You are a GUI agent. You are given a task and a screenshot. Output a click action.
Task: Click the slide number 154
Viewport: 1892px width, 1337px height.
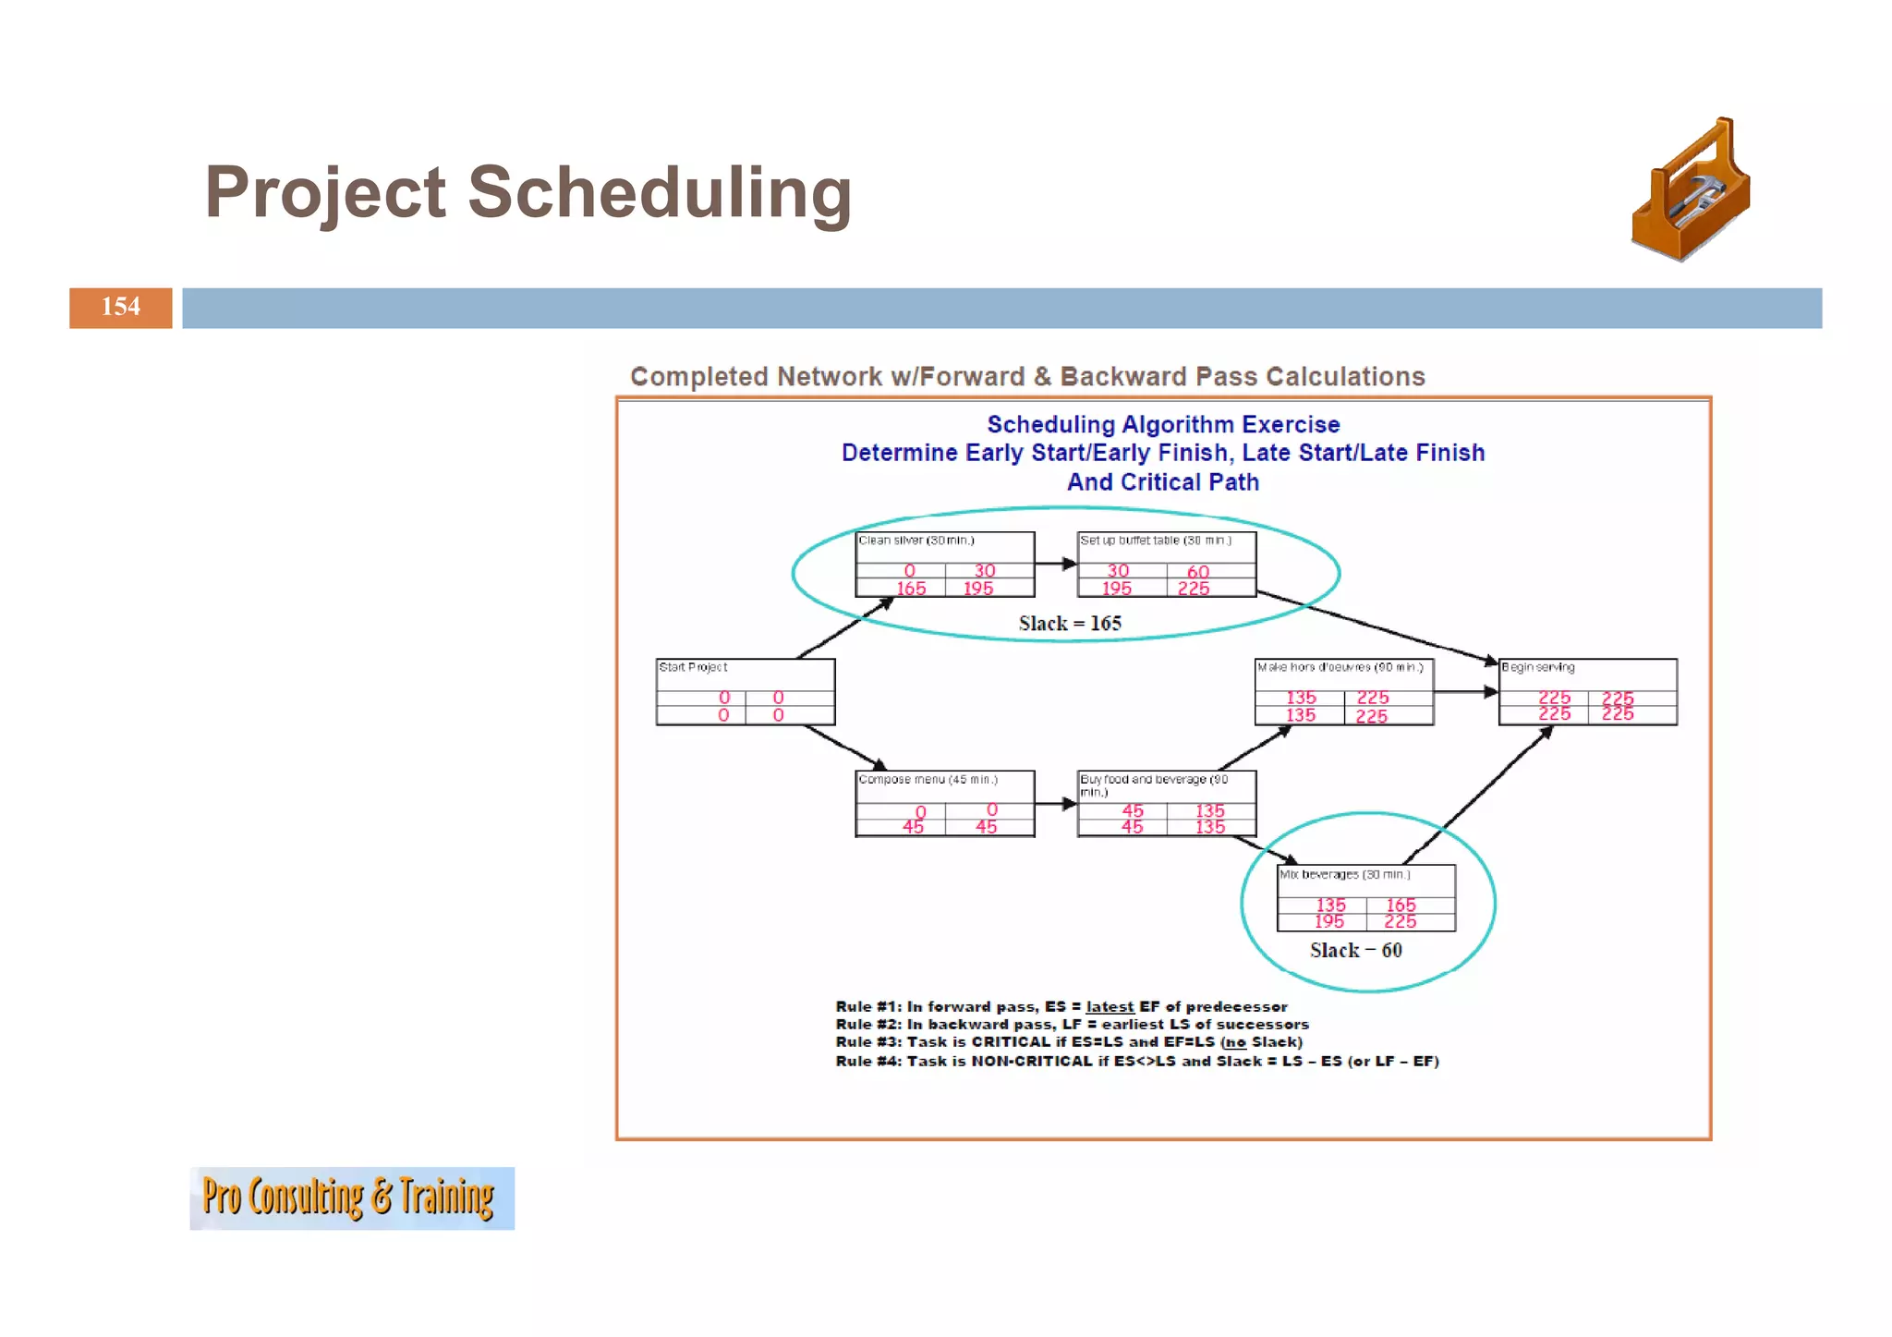(120, 307)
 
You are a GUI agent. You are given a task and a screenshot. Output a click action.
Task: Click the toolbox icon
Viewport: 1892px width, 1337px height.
(1690, 190)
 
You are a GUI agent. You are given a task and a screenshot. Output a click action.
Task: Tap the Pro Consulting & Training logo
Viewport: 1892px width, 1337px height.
(351, 1197)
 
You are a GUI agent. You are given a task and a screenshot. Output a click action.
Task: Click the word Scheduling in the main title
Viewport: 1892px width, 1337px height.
(659, 193)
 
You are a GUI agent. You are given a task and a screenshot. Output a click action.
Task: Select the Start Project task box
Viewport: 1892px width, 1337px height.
(745, 692)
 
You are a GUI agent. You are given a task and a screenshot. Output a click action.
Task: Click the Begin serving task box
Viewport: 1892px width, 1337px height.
(1587, 692)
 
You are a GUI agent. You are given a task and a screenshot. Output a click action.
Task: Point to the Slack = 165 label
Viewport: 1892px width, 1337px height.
(1070, 624)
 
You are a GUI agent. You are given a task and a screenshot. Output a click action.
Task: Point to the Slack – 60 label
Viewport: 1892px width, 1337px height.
(1355, 951)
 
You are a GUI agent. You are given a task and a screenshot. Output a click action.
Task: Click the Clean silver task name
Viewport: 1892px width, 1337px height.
(916, 541)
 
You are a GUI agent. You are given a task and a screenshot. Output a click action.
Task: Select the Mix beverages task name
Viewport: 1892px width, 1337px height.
(1344, 874)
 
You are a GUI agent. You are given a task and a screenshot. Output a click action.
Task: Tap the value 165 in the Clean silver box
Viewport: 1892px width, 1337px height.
(911, 589)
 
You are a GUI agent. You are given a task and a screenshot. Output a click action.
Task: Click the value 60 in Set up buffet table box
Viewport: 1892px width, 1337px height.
(1198, 572)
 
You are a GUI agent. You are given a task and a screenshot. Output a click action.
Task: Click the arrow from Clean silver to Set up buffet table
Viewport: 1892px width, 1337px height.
(1055, 564)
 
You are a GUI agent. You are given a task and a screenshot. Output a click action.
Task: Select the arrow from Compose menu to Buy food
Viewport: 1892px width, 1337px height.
(1055, 804)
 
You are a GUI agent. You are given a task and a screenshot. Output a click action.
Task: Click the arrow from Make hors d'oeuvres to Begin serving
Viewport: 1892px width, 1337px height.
(1465, 691)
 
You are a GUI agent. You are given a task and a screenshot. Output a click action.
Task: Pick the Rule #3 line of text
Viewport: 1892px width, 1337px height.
(1068, 1042)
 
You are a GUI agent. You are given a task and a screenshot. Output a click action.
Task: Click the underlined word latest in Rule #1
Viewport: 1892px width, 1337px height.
(1110, 1007)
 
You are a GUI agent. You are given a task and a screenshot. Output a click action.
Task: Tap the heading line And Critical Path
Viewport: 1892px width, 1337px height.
(1162, 482)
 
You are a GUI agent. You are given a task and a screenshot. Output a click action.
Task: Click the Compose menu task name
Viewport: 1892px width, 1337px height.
(928, 780)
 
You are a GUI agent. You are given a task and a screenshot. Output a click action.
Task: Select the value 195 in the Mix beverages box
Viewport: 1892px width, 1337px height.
(1328, 921)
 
